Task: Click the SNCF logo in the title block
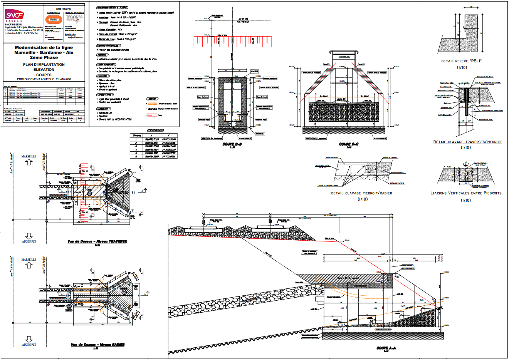15,16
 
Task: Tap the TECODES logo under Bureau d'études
74,17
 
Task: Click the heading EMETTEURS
64,8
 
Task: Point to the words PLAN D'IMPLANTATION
44,65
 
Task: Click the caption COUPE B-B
232,144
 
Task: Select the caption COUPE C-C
349,144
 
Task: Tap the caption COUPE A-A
386,348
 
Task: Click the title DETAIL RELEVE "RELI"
462,61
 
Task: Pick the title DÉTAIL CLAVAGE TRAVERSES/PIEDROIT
467,142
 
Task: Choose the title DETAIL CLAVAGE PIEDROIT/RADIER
361,193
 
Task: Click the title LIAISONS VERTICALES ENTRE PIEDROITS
466,193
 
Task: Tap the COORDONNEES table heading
156,131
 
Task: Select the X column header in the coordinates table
151,135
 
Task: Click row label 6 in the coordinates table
136,157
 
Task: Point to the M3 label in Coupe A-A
342,308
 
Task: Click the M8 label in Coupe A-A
422,300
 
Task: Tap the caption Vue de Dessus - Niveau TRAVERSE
97,241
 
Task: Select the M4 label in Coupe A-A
375,308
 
